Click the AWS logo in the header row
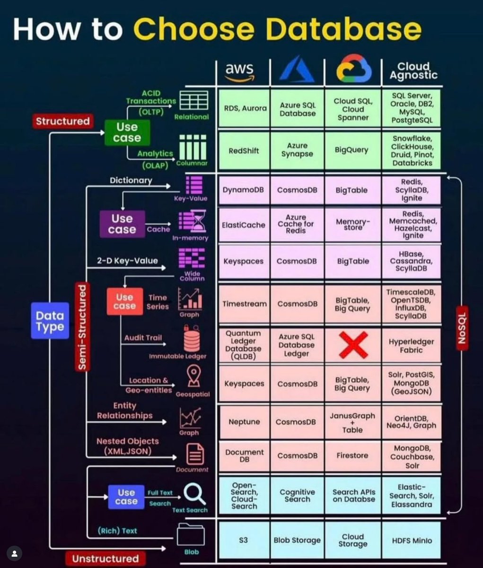click(x=239, y=71)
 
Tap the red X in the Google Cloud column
click(x=352, y=345)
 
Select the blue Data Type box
click(x=50, y=321)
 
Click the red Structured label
click(x=62, y=121)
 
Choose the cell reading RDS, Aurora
click(x=245, y=108)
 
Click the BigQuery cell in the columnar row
click(x=351, y=150)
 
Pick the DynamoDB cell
click(x=243, y=190)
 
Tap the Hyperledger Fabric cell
click(x=411, y=346)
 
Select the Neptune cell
click(x=244, y=422)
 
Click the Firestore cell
click(x=352, y=455)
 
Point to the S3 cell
click(x=243, y=540)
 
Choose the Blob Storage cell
click(x=297, y=540)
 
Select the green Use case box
click(x=127, y=133)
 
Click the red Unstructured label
click(x=105, y=559)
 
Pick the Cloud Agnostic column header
click(x=413, y=71)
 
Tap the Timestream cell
click(x=244, y=304)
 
